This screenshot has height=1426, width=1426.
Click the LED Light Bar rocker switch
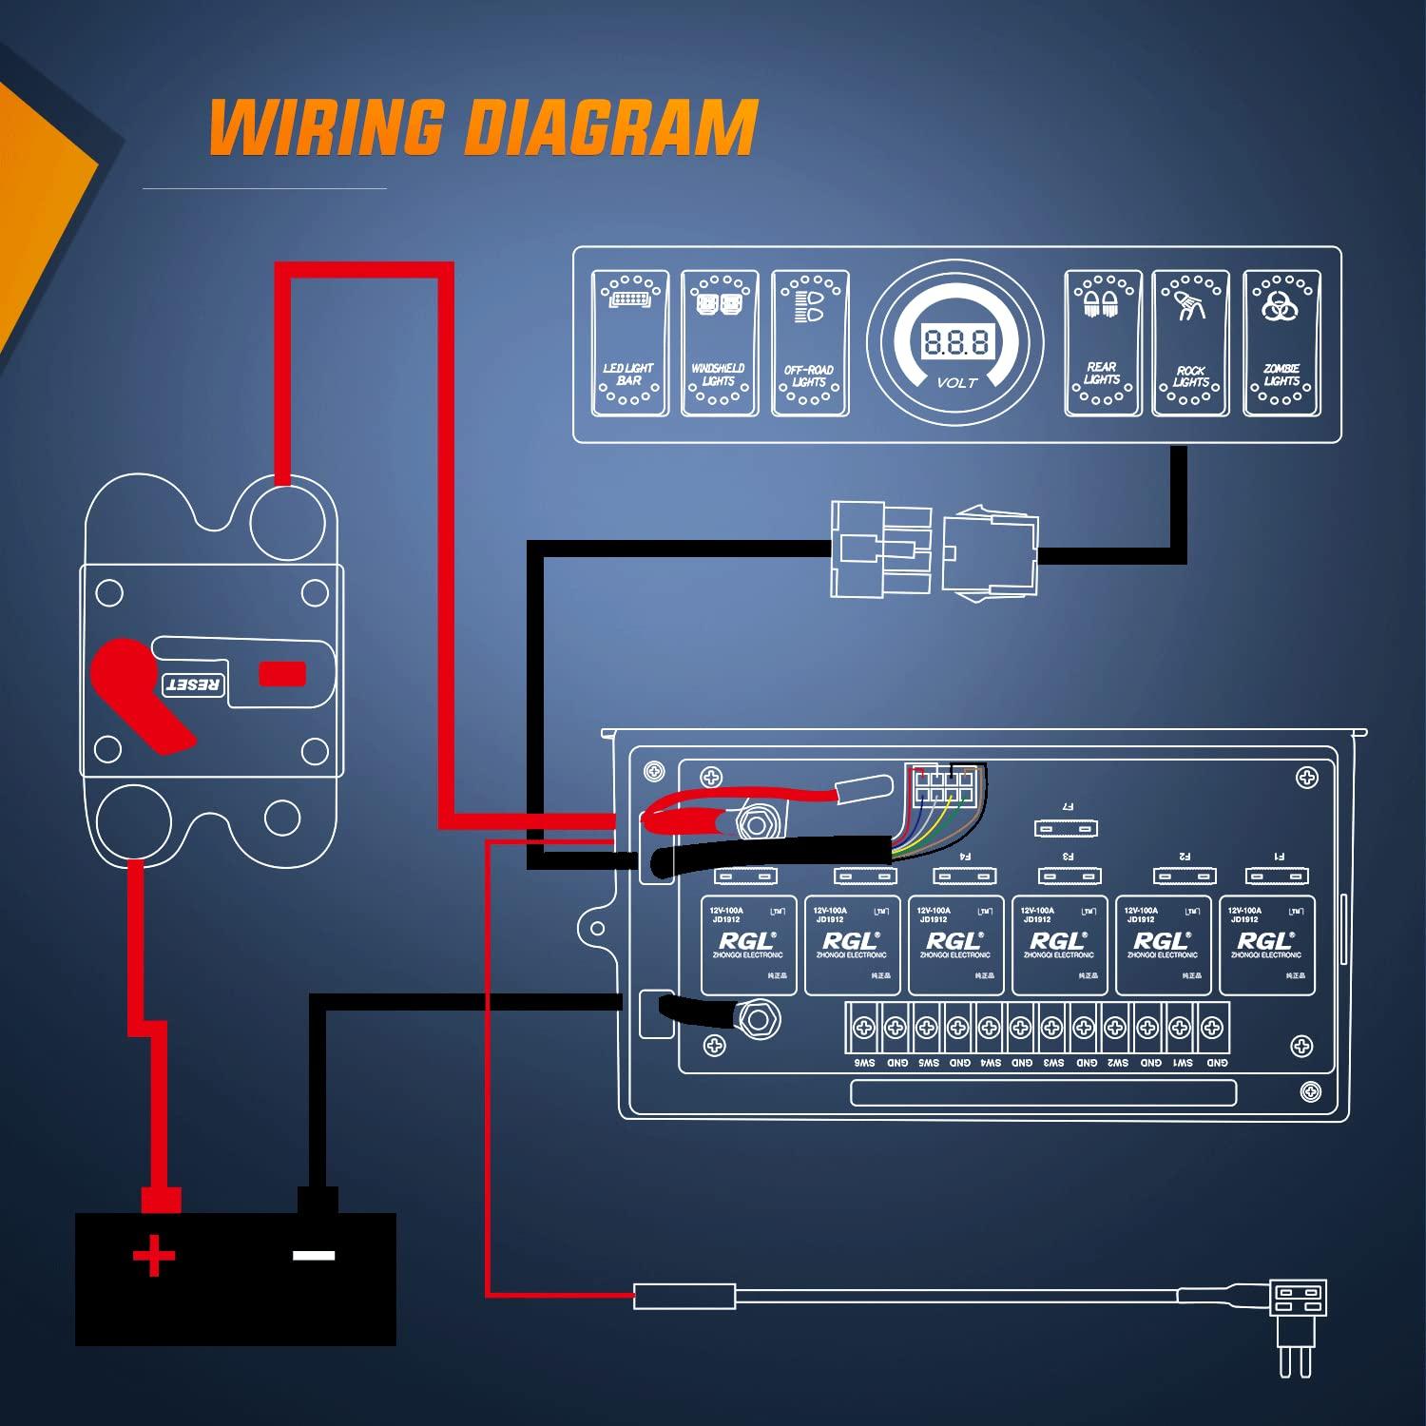[629, 343]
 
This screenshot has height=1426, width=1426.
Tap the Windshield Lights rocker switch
[720, 343]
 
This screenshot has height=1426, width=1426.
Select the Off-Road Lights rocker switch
[809, 343]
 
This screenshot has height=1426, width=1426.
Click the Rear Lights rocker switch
[1102, 343]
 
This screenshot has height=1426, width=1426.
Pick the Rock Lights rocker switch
[1190, 343]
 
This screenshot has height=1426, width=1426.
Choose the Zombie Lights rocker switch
[1281, 343]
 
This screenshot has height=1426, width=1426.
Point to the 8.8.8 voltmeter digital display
[955, 341]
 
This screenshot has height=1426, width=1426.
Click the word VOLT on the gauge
[956, 383]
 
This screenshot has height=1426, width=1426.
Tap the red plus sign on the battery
[154, 1257]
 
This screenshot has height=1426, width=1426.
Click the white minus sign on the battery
[314, 1256]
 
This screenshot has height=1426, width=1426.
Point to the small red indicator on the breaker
[282, 674]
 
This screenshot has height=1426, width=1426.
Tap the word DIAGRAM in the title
[609, 127]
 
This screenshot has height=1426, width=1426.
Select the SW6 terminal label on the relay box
[864, 1063]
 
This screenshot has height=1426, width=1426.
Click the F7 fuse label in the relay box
[1067, 807]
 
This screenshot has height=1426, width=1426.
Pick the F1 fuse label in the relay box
[1279, 857]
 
